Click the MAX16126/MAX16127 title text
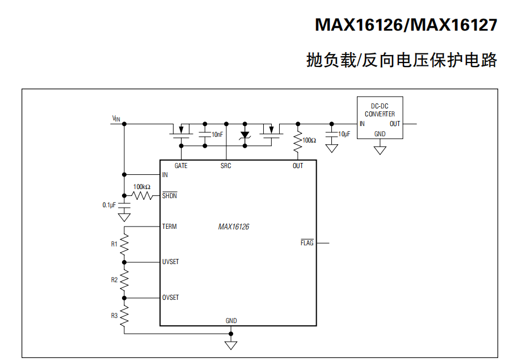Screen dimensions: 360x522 click(x=406, y=25)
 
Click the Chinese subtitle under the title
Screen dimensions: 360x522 click(x=401, y=60)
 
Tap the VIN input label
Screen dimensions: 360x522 click(x=116, y=119)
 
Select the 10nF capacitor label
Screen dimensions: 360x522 click(x=217, y=135)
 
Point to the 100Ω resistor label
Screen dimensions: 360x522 click(x=309, y=140)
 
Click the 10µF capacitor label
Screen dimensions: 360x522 click(x=344, y=134)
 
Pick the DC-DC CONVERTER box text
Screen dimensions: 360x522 click(x=380, y=110)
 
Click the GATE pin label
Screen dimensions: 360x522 click(x=181, y=166)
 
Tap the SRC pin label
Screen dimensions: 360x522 click(x=226, y=166)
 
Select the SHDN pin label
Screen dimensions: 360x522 click(x=169, y=196)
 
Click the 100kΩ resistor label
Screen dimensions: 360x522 click(x=142, y=187)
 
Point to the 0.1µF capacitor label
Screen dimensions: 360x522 click(x=109, y=205)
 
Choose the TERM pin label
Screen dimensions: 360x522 click(x=169, y=227)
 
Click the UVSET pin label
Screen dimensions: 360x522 click(x=170, y=262)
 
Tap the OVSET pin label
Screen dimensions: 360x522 click(x=170, y=298)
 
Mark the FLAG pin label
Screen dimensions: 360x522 click(x=307, y=243)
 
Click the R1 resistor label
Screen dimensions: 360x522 click(x=114, y=244)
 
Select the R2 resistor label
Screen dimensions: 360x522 click(x=114, y=280)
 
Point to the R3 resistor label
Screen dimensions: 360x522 click(x=114, y=316)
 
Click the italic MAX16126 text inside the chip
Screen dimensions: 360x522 click(x=234, y=227)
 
